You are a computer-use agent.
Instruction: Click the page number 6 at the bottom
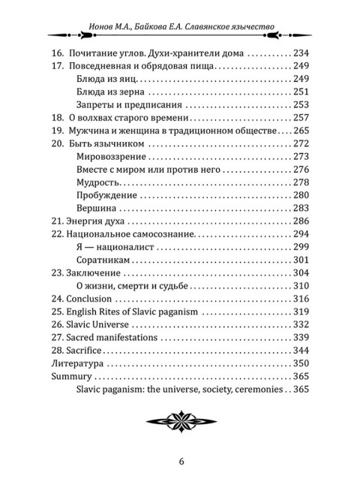(181, 460)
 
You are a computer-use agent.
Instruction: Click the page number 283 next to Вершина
(301, 208)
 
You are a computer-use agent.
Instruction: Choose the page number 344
(301, 350)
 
